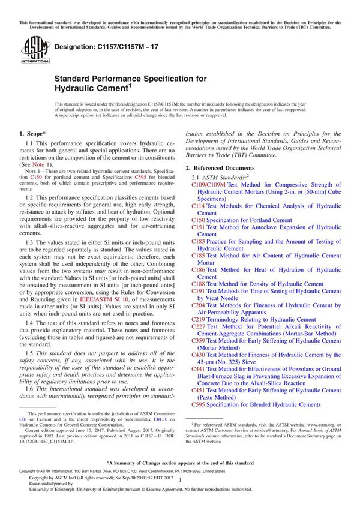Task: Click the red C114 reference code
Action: point(198,206)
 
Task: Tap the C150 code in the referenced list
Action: point(198,220)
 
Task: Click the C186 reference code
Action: point(198,270)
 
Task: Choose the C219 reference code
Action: point(198,320)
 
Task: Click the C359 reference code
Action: point(198,341)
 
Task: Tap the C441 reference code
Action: point(198,369)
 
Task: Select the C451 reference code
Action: point(198,391)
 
